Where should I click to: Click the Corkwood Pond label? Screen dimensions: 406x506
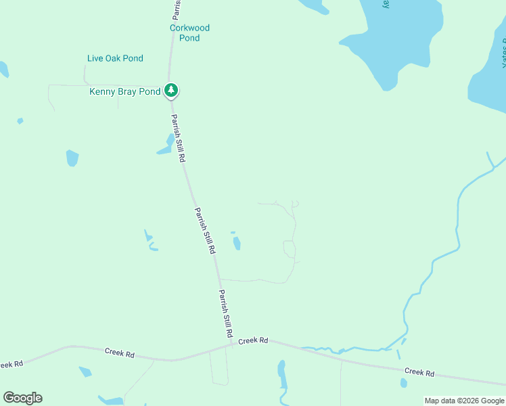tap(189, 33)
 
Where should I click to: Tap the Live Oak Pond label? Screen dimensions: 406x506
tap(115, 58)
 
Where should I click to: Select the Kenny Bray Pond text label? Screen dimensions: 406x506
tap(125, 91)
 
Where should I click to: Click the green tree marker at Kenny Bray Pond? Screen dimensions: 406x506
tap(172, 90)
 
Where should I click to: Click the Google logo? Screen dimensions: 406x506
tap(22, 398)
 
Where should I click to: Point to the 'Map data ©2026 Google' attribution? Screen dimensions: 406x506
tap(464, 401)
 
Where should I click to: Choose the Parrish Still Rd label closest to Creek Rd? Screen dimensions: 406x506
tap(226, 315)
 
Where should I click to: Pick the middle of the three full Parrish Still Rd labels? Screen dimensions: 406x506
tap(205, 230)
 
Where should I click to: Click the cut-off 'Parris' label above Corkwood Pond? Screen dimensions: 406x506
tap(175, 9)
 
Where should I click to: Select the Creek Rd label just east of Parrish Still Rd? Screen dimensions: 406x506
tap(254, 340)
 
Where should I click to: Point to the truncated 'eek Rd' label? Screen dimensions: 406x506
tap(11, 364)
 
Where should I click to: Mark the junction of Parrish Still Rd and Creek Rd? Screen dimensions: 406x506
tap(232, 344)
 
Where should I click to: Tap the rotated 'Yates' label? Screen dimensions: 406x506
tap(503, 54)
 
